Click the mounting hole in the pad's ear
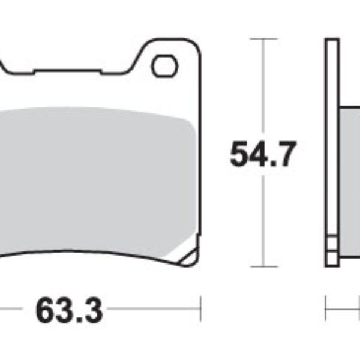pyautogui.click(x=164, y=67)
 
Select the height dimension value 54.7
pyautogui.click(x=262, y=155)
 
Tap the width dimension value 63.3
pyautogui.click(x=69, y=310)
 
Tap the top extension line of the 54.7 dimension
pyautogui.click(x=262, y=39)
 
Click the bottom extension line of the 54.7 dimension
pyautogui.click(x=262, y=266)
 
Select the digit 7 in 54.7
pyautogui.click(x=286, y=155)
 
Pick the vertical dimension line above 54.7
pyautogui.click(x=262, y=90)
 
